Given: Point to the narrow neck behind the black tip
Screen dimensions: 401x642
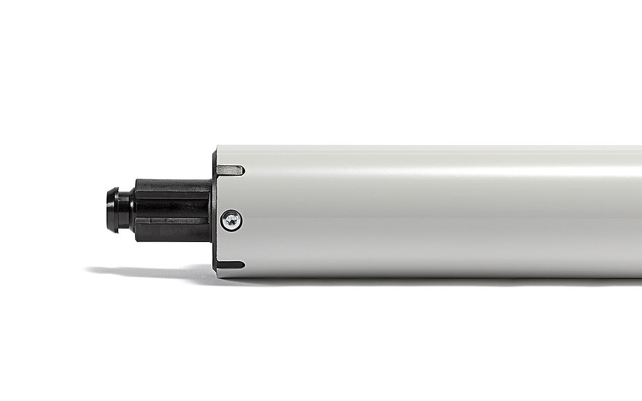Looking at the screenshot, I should [x=126, y=210].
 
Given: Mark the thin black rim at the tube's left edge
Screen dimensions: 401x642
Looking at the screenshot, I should [x=214, y=211].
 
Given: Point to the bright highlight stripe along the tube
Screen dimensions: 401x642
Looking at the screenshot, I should [x=438, y=175].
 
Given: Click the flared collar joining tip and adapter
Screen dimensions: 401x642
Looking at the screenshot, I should [x=134, y=210].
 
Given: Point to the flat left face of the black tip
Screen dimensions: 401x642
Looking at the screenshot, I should [x=108, y=210].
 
